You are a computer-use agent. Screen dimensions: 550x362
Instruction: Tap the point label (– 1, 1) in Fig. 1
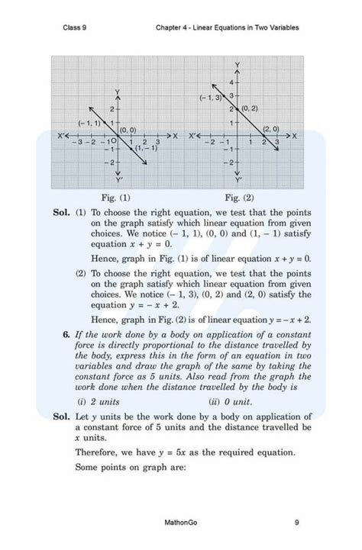point(89,122)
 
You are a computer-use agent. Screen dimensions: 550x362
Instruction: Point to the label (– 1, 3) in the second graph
point(210,98)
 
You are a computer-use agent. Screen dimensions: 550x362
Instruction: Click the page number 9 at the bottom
point(296,523)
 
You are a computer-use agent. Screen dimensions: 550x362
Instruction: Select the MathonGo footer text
point(181,523)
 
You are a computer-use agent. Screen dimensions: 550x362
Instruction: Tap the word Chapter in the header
point(170,28)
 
